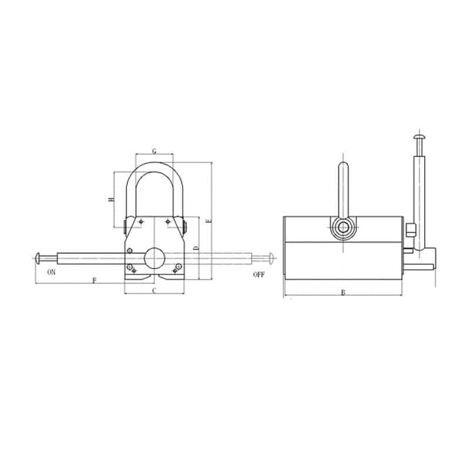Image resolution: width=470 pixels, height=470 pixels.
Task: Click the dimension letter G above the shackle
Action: tap(154, 151)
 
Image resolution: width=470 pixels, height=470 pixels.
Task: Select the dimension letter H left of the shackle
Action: tap(110, 200)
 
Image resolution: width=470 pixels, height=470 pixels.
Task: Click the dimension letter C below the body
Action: tap(154, 290)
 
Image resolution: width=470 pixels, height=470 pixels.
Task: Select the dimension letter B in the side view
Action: tap(343, 292)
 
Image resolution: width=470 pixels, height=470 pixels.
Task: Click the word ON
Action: tap(52, 273)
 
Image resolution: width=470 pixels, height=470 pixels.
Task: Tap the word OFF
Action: tap(259, 274)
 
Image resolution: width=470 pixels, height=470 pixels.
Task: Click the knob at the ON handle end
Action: tap(39, 257)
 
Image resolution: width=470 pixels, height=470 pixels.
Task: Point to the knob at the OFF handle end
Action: tap(270, 257)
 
